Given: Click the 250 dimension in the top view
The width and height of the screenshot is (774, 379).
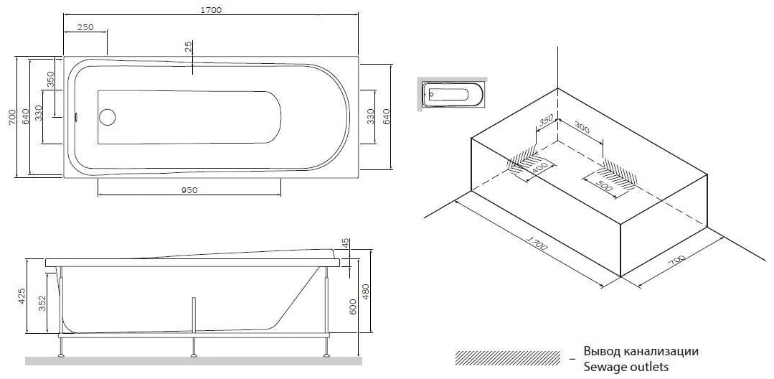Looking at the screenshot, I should (x=85, y=27).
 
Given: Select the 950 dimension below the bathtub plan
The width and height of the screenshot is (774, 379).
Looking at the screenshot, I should (x=188, y=189).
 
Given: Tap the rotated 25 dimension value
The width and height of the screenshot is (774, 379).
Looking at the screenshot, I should (x=188, y=47).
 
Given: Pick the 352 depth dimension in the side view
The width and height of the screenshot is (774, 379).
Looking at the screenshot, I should (x=42, y=304).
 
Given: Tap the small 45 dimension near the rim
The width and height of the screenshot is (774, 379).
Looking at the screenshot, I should (x=346, y=243).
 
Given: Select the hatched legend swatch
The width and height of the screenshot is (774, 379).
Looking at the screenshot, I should (x=507, y=357).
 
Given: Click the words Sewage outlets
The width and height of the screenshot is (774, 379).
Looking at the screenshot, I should (x=626, y=367).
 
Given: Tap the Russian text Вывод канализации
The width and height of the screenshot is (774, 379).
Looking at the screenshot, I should (x=641, y=352).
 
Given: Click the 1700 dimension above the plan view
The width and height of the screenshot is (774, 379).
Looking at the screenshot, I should (x=212, y=9).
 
